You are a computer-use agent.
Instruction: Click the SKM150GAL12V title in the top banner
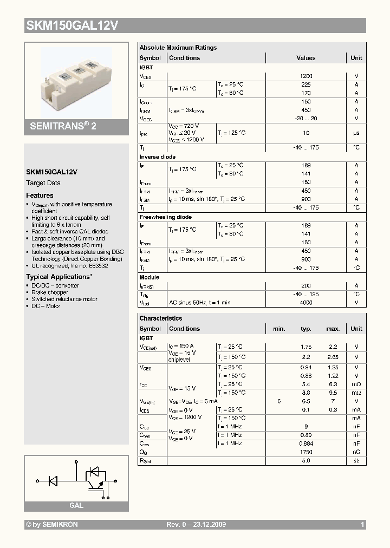[x=73, y=25]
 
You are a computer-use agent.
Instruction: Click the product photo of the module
[x=76, y=80]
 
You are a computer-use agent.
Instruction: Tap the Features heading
[x=40, y=195]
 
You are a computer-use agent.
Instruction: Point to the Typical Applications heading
[x=59, y=277]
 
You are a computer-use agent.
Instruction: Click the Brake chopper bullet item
[x=50, y=292]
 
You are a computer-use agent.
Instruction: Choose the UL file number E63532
[x=97, y=266]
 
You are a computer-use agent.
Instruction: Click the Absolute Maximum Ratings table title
[x=178, y=48]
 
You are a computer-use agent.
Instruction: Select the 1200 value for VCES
[x=306, y=76]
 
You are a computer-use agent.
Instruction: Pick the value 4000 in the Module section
[x=306, y=303]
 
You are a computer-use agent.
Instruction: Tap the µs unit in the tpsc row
[x=356, y=133]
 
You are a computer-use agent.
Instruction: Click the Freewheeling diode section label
[x=165, y=217]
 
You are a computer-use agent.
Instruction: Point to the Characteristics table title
[x=161, y=318]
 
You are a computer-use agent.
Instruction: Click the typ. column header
[x=306, y=329]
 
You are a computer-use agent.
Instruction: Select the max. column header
[x=333, y=329]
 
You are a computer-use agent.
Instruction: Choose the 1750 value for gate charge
[x=306, y=452]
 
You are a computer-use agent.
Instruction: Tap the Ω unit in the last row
[x=356, y=460]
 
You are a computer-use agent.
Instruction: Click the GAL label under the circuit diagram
[x=76, y=505]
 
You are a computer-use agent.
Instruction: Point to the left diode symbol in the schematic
[x=54, y=480]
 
